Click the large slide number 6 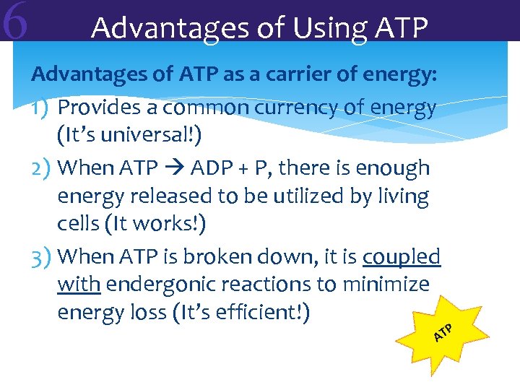[15, 22]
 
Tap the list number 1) [41, 108]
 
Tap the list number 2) [41, 168]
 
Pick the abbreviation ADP [212, 168]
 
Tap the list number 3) [41, 256]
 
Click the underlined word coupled [402, 256]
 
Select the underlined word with [78, 285]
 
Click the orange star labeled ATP [441, 332]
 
